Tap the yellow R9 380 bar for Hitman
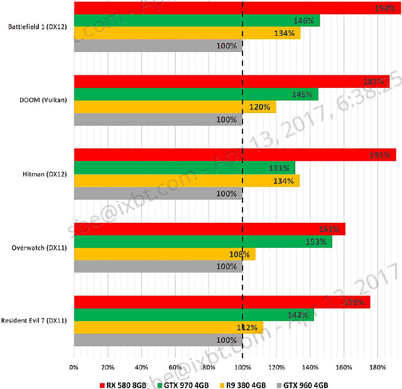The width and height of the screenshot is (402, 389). [187, 181]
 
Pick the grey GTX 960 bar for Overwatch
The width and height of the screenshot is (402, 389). [158, 267]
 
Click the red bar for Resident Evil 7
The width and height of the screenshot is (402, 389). [222, 302]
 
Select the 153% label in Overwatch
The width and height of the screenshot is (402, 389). [316, 242]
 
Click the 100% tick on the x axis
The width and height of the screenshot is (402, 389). [242, 367]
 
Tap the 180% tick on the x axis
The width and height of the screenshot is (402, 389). [378, 367]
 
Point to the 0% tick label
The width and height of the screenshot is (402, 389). [74, 367]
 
